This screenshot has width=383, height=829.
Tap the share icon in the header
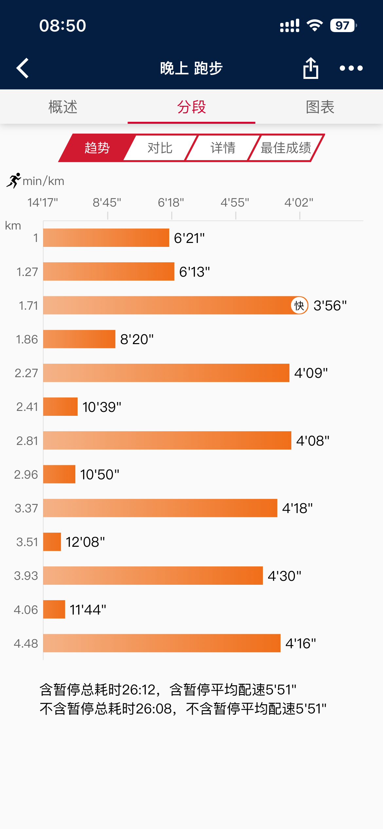[x=311, y=68]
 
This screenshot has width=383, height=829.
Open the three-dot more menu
[x=351, y=68]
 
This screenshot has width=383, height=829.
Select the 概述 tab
[x=63, y=107]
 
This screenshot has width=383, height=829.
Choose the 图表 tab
[x=320, y=107]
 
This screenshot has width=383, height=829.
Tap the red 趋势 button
[x=97, y=148]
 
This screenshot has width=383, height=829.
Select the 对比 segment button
[x=160, y=148]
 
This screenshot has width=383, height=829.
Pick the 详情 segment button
[x=223, y=148]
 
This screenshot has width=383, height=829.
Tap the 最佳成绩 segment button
[x=285, y=148]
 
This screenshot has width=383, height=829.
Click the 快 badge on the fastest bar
[x=299, y=305]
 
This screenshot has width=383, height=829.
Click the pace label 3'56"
[x=330, y=305]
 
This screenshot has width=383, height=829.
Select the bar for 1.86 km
[x=79, y=339]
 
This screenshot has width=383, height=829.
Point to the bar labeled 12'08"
[x=52, y=542]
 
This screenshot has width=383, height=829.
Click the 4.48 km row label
[x=26, y=643]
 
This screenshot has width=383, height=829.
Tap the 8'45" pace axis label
[x=107, y=203]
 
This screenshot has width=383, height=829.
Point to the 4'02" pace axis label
[x=299, y=203]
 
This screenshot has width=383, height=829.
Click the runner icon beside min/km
[x=14, y=180]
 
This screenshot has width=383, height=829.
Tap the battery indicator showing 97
[x=343, y=26]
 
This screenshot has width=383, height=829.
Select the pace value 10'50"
[x=100, y=474]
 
